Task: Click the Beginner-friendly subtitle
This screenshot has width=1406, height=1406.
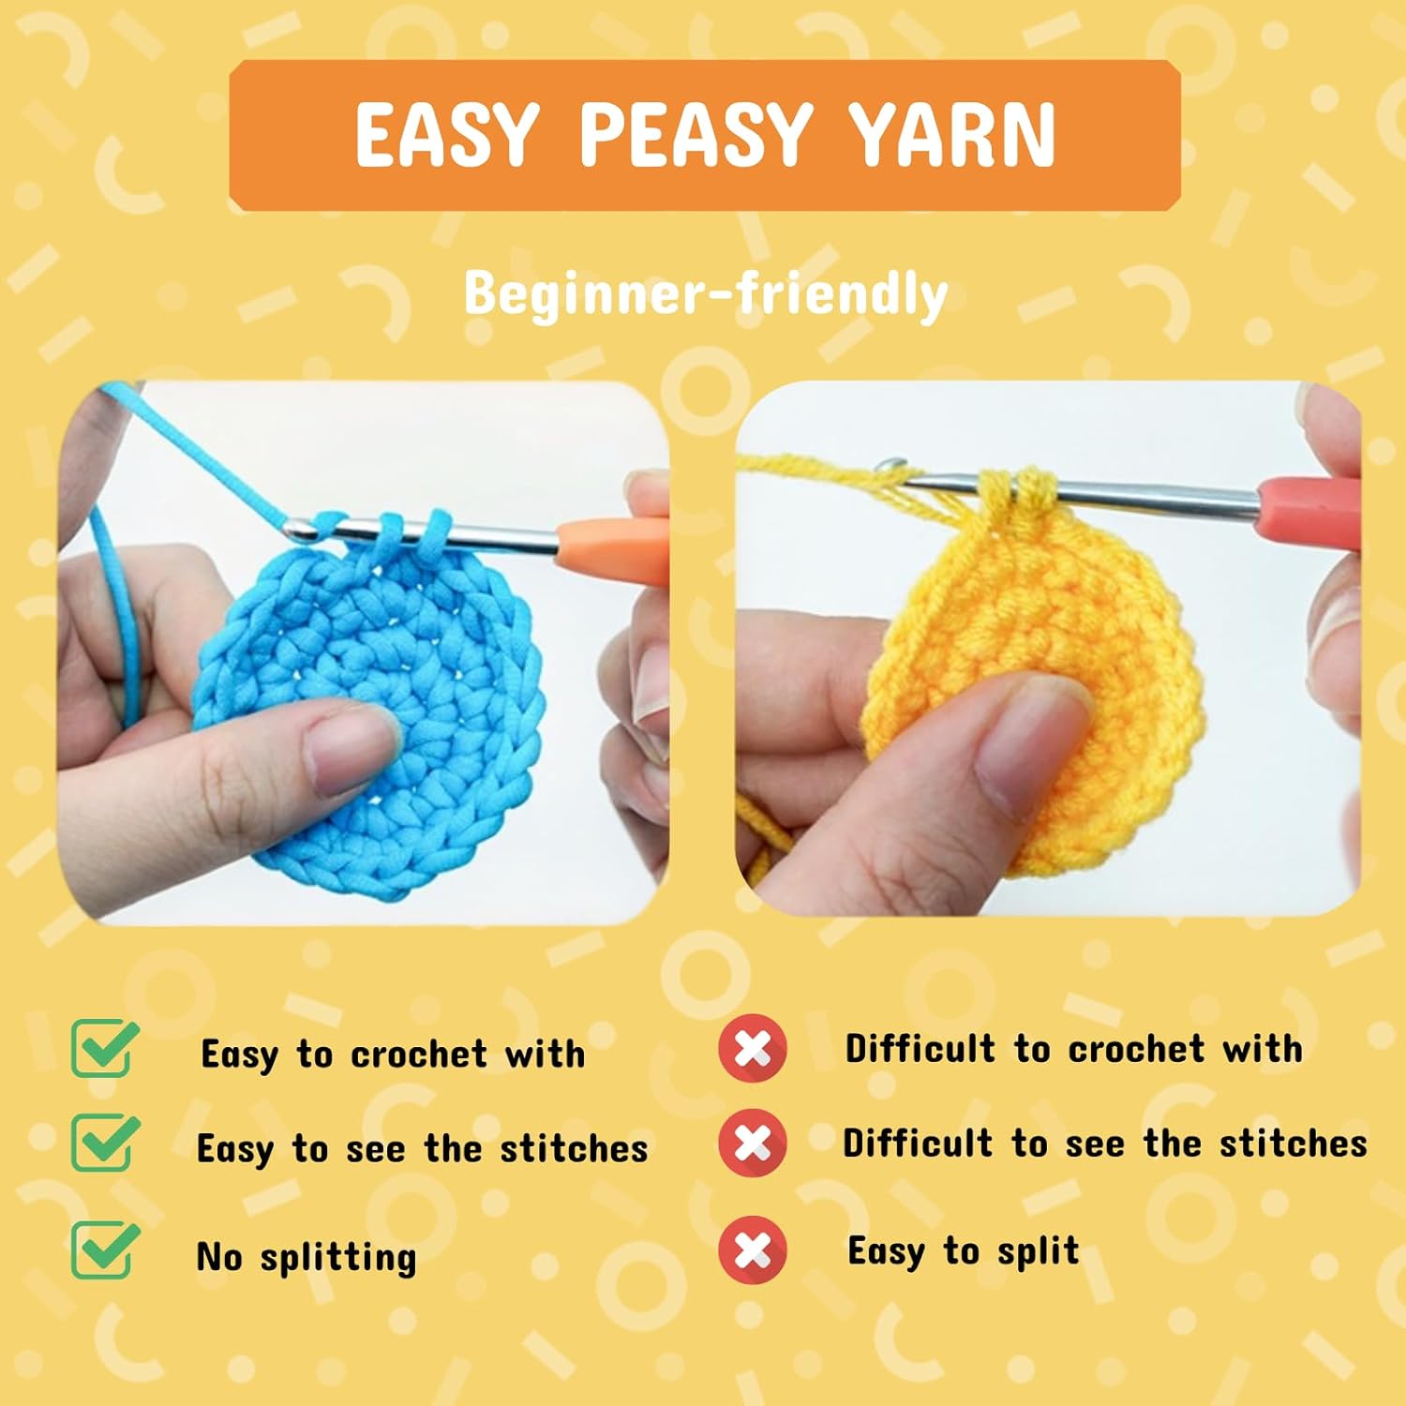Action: pyautogui.click(x=705, y=294)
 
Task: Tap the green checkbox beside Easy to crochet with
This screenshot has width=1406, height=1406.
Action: pyautogui.click(x=104, y=1048)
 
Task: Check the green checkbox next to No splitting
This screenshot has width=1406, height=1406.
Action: pyautogui.click(x=104, y=1251)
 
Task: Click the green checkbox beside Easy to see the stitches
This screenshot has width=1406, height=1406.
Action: pyautogui.click(x=104, y=1143)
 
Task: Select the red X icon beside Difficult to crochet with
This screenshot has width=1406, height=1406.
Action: pyautogui.click(x=753, y=1049)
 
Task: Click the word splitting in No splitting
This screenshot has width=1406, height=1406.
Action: pyautogui.click(x=338, y=1257)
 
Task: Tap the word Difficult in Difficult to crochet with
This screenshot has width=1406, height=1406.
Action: pyautogui.click(x=920, y=1049)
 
